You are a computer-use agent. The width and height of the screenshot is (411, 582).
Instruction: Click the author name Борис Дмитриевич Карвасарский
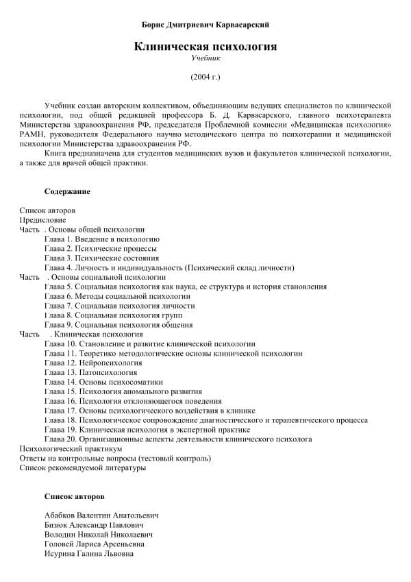[x=205, y=25]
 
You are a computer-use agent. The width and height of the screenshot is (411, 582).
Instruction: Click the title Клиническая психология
[x=205, y=47]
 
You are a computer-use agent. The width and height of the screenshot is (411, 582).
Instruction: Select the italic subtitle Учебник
[x=205, y=59]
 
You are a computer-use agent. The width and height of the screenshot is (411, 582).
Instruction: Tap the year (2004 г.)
[x=205, y=77]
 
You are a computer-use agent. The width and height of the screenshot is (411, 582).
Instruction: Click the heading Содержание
[x=67, y=191]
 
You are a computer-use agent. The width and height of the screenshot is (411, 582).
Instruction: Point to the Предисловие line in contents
[x=43, y=220]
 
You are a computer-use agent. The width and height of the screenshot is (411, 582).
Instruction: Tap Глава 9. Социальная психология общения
[x=119, y=324]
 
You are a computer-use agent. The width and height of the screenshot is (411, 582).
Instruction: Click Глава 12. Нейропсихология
[x=93, y=363]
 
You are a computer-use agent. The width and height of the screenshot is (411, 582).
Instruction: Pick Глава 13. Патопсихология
[x=91, y=372]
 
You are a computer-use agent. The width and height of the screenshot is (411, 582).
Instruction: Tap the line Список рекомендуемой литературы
[x=83, y=468]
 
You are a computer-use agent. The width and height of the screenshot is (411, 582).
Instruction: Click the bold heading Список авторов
[x=75, y=496]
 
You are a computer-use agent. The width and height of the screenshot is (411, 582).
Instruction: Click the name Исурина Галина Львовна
[x=88, y=553]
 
